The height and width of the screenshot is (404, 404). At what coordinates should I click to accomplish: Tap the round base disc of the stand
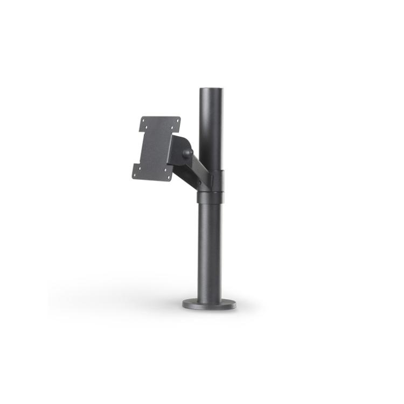209,304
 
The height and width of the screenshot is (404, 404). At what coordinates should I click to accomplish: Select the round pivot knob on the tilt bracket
187,153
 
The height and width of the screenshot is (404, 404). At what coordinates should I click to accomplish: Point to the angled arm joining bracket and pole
194,168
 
